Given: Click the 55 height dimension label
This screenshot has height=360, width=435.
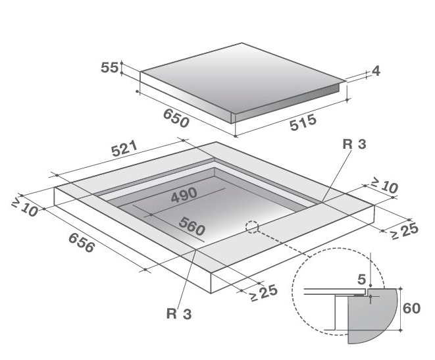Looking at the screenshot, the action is coord(109,68).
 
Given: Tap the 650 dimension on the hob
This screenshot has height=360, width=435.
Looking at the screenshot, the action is coord(176,118).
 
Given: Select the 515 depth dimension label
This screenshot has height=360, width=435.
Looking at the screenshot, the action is coord(303,122).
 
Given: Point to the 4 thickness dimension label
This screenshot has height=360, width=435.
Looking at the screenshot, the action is coord(376,71).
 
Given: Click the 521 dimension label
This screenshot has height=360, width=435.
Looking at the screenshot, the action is coord(124,149).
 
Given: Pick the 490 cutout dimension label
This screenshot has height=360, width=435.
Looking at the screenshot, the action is coord(184,195).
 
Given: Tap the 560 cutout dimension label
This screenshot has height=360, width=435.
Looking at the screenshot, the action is coord(192,226).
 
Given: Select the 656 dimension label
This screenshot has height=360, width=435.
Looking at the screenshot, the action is coord(82,243).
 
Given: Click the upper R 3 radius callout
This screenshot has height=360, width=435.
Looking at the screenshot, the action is coord(354,144).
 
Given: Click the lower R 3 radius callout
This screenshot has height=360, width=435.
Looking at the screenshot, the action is coord(179,314).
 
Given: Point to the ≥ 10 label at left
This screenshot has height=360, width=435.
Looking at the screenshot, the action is coord(24,207).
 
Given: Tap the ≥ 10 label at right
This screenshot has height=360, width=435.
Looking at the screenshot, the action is coord(384,185).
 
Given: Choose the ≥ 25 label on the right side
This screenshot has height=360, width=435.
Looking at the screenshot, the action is coord(403,231).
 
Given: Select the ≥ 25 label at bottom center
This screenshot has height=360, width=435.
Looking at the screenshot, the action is coord(263,293).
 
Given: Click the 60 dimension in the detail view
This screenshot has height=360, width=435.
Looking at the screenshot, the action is coord(411,309).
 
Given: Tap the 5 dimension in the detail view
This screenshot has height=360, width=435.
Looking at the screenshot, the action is coord(361,280).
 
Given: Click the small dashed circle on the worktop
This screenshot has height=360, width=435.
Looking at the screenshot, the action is coord(252,227).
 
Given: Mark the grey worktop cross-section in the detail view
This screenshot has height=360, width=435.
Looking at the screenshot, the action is coord(372,316).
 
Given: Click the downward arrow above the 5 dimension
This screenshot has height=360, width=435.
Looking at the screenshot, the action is coord(371,269).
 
